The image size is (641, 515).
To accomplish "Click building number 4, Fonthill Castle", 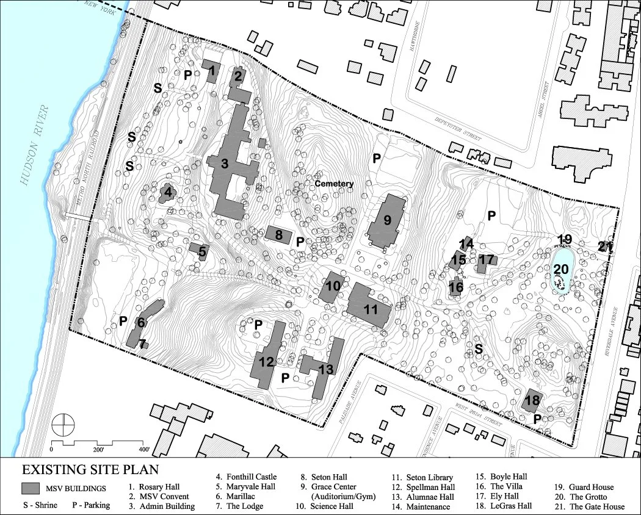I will coord(166,194).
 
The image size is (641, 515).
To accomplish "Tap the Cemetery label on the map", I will coord(334,184).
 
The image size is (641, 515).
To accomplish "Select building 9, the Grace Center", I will coord(386,221).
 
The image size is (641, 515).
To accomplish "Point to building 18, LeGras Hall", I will coord(532,401).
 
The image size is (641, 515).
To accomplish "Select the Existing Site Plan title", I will coord(90,470).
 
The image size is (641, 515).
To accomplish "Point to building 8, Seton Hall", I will coord(278,234).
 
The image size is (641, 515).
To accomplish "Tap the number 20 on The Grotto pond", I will coord(561,269).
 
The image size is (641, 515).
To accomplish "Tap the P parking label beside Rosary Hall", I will coord(189,74).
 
